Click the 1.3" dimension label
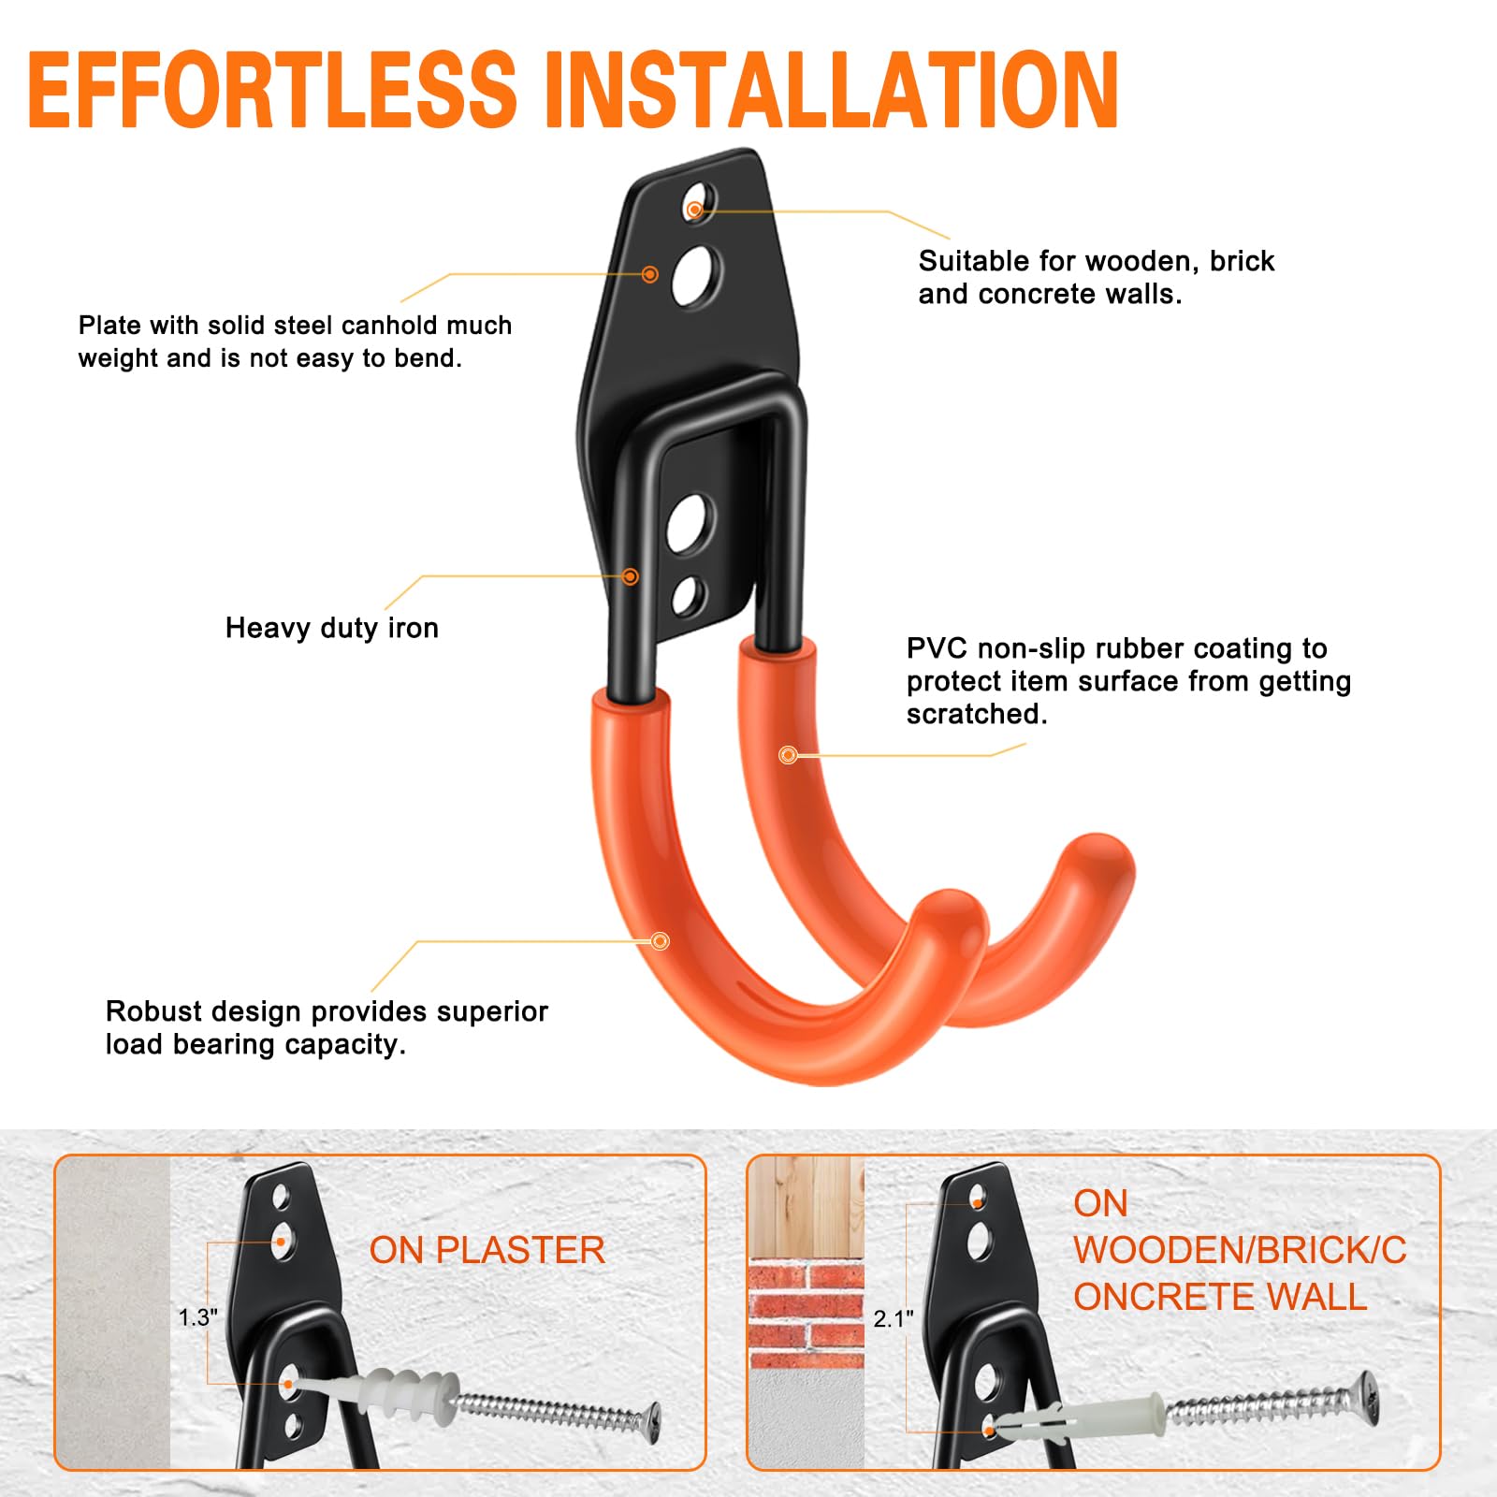(198, 1317)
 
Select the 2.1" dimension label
(894, 1318)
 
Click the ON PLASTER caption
(487, 1250)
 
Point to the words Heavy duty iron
(332, 628)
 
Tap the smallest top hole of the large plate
(696, 205)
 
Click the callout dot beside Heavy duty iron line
(631, 576)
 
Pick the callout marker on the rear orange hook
(788, 754)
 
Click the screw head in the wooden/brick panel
(1367, 1399)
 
